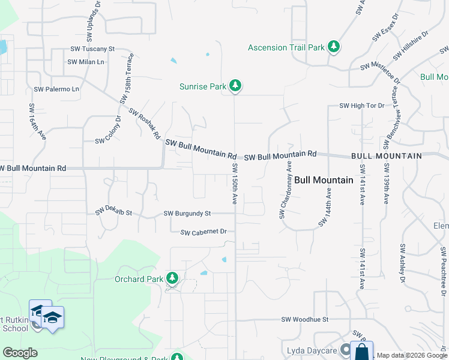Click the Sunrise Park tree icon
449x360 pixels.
pyautogui.click(x=236, y=86)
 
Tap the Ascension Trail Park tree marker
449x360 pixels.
pyautogui.click(x=334, y=47)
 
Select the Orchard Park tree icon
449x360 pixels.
pyautogui.click(x=172, y=278)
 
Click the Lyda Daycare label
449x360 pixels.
pyautogui.click(x=310, y=350)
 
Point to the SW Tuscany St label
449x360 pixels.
pyautogui.click(x=92, y=49)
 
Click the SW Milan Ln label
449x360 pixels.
pyautogui.click(x=86, y=62)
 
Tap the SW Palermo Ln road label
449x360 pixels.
pyautogui.click(x=56, y=89)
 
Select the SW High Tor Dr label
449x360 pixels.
pyautogui.click(x=361, y=106)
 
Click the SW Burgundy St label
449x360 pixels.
pyautogui.click(x=187, y=213)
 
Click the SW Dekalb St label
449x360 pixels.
pyautogui.click(x=113, y=212)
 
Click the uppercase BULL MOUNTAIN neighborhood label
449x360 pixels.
pyautogui.click(x=387, y=156)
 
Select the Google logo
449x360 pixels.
pyautogui.click(x=20, y=353)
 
